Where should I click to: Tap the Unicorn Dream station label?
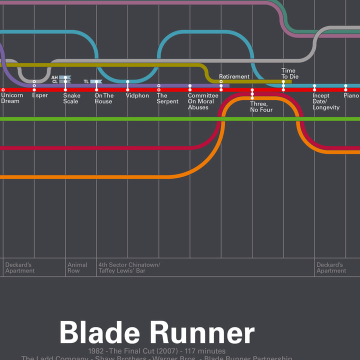12,98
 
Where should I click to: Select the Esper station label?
40,95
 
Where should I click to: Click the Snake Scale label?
71,98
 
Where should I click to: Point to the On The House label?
104,98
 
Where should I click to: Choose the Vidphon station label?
137,95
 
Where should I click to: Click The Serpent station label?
167,98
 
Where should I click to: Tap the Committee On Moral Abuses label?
203,101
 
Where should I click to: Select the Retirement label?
234,76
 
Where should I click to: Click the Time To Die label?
288,73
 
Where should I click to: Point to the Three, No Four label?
261,106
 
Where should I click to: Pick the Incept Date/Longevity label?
326,101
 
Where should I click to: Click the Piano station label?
351,95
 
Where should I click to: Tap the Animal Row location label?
77,267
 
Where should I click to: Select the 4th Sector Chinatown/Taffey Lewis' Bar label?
129,267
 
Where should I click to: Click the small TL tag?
86,81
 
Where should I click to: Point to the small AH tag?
55,77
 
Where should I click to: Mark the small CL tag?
55,82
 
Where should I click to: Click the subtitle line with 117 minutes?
156,351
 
